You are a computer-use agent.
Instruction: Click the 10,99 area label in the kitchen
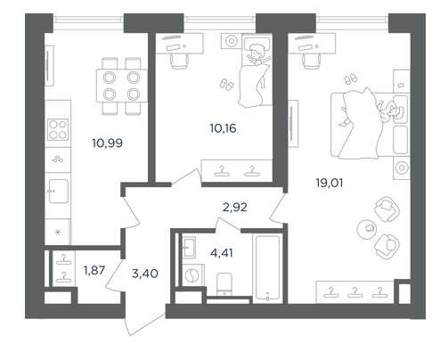(107, 143)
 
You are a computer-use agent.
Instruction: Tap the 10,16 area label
(223, 128)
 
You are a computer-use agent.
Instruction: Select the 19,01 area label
(330, 183)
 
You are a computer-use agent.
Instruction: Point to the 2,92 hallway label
(234, 208)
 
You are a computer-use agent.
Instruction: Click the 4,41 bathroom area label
(222, 253)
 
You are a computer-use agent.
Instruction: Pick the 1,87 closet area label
(94, 270)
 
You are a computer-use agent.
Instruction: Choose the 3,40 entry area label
(145, 274)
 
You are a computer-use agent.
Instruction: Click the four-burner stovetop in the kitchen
(58, 129)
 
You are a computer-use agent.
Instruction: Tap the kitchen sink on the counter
(59, 191)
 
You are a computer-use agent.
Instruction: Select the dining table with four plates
(122, 86)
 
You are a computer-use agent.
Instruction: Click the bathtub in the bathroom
(267, 268)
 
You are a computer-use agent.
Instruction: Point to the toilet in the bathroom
(224, 284)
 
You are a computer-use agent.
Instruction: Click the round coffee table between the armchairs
(367, 229)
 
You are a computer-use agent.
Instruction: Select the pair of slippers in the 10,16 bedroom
(226, 85)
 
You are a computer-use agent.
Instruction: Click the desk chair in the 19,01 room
(312, 61)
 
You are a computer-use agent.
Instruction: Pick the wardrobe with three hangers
(355, 292)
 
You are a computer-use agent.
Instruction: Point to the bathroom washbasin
(189, 247)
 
